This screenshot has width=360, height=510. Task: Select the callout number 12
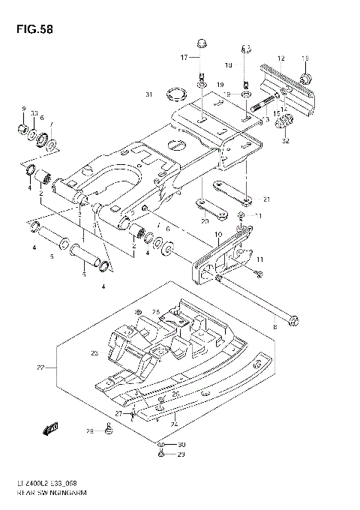(280, 58)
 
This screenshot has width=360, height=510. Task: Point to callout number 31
(148, 94)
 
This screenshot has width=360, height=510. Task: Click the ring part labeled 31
(178, 94)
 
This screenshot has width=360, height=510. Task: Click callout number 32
(286, 140)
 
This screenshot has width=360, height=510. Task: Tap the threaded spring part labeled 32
(285, 121)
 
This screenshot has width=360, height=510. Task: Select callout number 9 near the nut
(23, 109)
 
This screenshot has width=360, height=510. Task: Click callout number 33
(34, 112)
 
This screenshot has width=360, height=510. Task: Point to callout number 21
(266, 199)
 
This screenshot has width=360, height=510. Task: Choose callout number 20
(204, 221)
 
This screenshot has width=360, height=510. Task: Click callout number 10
(218, 235)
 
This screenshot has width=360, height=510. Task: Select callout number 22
(41, 367)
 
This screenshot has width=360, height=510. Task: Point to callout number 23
(94, 352)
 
